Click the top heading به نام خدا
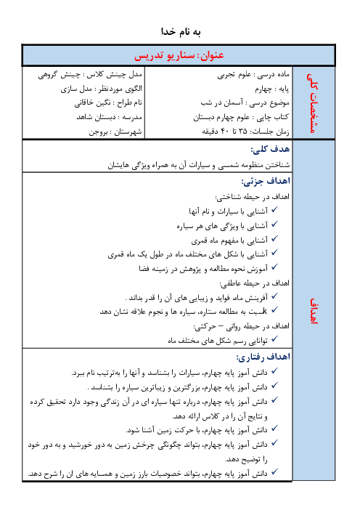[181, 31]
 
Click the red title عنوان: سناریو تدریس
[179, 55]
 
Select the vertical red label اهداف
[314, 311]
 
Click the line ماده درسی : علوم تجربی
[253, 75]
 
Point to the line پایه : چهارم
[272, 89]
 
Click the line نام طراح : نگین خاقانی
[108, 103]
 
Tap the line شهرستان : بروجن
[115, 131]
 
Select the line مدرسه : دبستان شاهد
[110, 117]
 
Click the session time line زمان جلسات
[245, 131]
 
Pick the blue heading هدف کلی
[270, 149]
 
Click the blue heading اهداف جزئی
[266, 181]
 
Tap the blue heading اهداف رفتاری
[263, 357]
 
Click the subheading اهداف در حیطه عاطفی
[255, 283]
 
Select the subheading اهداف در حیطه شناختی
[252, 197]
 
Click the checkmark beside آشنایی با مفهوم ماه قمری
[274, 239]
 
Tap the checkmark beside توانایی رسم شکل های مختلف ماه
[274, 339]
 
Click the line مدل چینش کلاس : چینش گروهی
[90, 75]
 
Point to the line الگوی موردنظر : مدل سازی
[102, 89]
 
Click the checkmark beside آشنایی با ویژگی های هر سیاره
[274, 224]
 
